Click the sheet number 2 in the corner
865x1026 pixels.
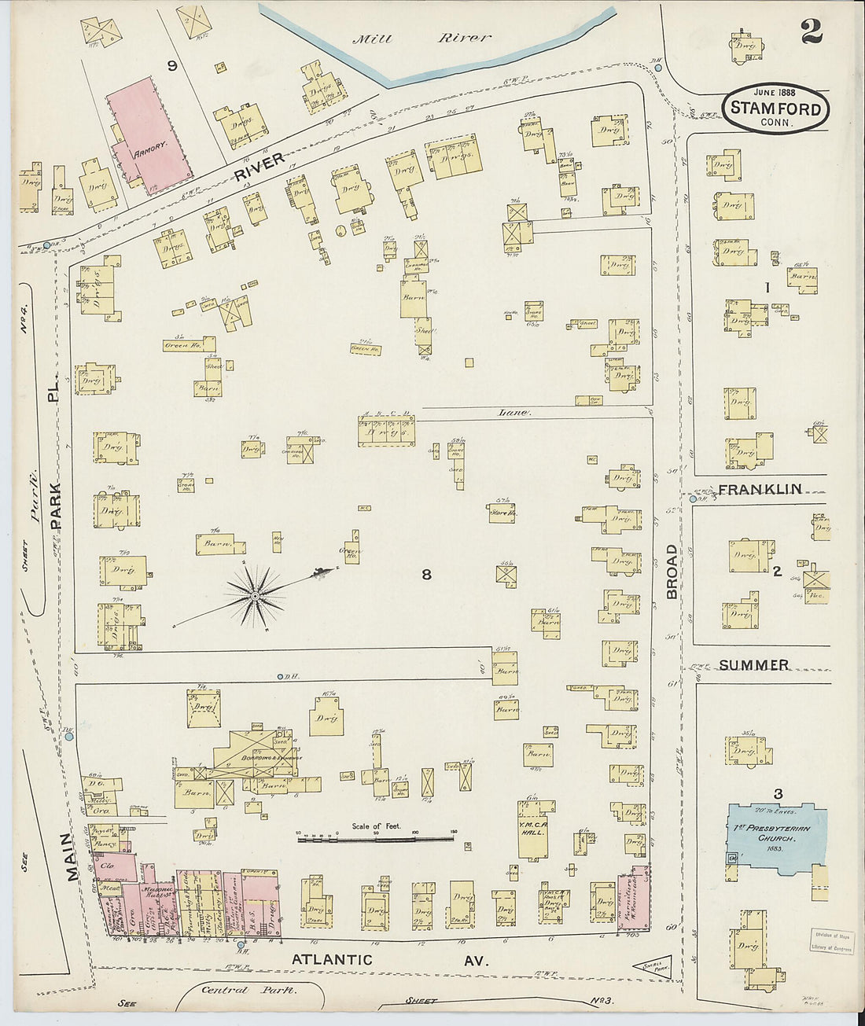(812, 31)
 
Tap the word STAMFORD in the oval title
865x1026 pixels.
(776, 108)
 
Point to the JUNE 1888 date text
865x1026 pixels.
(775, 91)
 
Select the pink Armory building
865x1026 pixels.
(149, 134)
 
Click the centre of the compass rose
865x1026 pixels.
(256, 598)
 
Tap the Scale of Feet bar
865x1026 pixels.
(375, 839)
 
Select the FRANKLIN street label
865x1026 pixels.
(760, 489)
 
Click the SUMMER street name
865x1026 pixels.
(753, 665)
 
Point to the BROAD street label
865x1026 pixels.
(672, 572)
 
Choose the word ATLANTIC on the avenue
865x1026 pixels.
(332, 959)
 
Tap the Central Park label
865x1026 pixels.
(248, 990)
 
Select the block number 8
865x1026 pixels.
(426, 575)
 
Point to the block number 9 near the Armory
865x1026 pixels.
(171, 66)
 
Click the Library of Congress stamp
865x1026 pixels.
(832, 941)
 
